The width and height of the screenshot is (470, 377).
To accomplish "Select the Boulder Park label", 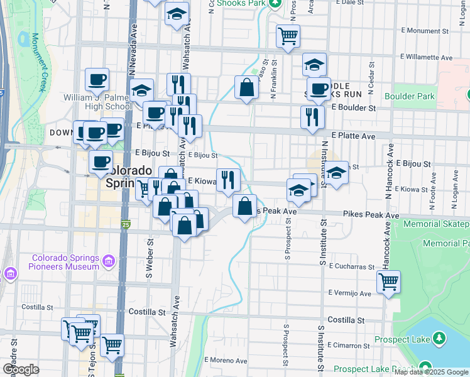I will pyautogui.click(x=409, y=96).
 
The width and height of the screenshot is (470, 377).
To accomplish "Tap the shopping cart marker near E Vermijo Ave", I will pyautogui.click(x=389, y=282).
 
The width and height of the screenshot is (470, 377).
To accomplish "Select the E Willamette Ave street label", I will pyautogui.click(x=426, y=57).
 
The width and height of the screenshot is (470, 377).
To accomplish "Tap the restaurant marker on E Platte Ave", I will pyautogui.click(x=312, y=117).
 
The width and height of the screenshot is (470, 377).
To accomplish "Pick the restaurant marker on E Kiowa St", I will pyautogui.click(x=228, y=180).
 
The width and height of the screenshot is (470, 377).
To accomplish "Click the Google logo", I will pyautogui.click(x=21, y=369).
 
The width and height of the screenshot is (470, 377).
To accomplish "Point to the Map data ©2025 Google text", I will pyautogui.click(x=430, y=372).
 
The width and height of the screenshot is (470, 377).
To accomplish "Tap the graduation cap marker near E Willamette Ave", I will pyautogui.click(x=314, y=64).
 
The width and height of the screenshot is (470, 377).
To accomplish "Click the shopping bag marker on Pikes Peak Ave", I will pyautogui.click(x=244, y=205).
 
